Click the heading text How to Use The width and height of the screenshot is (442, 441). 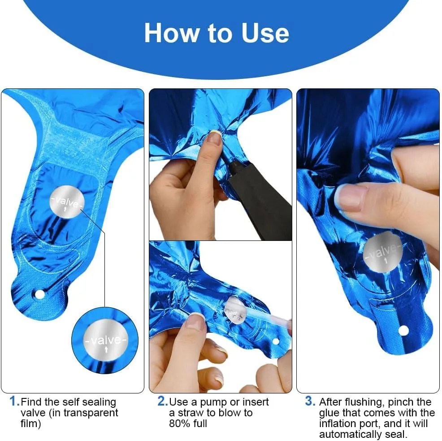click(217, 33)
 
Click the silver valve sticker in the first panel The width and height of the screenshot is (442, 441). click(67, 202)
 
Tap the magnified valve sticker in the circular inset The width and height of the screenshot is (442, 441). click(105, 341)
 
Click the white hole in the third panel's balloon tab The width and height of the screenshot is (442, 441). click(403, 330)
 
